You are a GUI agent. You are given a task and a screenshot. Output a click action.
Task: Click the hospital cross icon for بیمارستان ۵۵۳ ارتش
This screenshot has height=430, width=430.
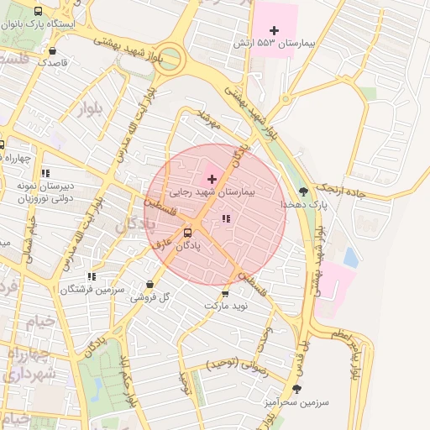[x=274, y=30]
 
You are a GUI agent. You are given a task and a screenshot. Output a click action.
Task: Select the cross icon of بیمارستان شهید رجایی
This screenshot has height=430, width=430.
[x=211, y=179]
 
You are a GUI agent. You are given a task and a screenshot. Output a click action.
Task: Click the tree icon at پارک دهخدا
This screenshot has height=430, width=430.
[x=304, y=191]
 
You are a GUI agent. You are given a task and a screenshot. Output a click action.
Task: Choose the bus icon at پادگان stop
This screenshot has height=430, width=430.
[x=187, y=233]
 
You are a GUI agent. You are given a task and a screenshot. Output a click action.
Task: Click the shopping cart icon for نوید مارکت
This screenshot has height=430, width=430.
[x=225, y=293]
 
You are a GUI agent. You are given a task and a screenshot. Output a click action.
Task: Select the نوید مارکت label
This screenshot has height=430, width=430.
[x=226, y=307]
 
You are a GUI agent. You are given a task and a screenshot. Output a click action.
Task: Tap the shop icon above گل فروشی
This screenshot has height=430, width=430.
[x=149, y=284]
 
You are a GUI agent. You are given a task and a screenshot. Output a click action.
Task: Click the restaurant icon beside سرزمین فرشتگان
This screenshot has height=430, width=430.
[x=92, y=276]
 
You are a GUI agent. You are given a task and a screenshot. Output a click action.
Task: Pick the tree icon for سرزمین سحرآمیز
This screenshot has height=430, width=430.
[x=296, y=389]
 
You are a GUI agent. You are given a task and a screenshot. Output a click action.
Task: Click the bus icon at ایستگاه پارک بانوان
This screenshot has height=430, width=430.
[x=39, y=12]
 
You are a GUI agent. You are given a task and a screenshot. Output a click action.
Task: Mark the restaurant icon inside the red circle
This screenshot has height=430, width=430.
[x=225, y=218]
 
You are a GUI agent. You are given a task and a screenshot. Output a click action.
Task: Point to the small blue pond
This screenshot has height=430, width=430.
[x=350, y=257]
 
